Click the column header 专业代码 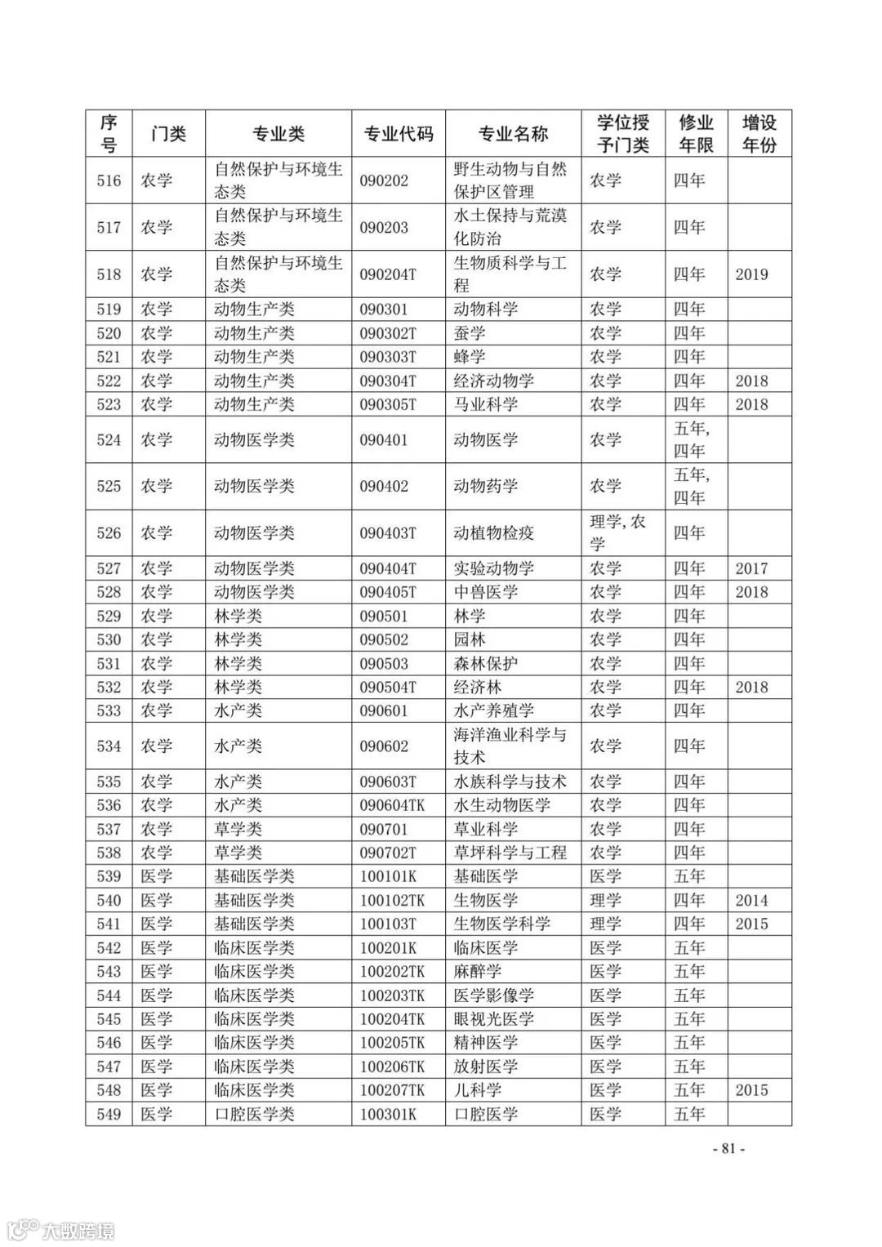tap(399, 134)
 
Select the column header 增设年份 tap(759, 134)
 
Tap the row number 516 tap(109, 180)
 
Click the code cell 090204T tap(388, 274)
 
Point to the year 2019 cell tap(751, 274)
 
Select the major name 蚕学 tap(470, 333)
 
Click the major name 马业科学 tap(485, 404)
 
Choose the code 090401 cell tap(384, 439)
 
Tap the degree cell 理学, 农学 tap(617, 532)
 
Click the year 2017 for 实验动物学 tap(751, 568)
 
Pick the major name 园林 tap(470, 639)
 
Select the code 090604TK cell tap(393, 805)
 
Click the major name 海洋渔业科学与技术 tap(510, 746)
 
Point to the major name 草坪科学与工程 tap(510, 853)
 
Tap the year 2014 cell tap(751, 900)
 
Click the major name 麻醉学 tap(478, 971)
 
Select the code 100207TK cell tap(393, 1090)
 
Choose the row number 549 tap(109, 1114)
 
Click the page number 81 tap(728, 1147)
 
